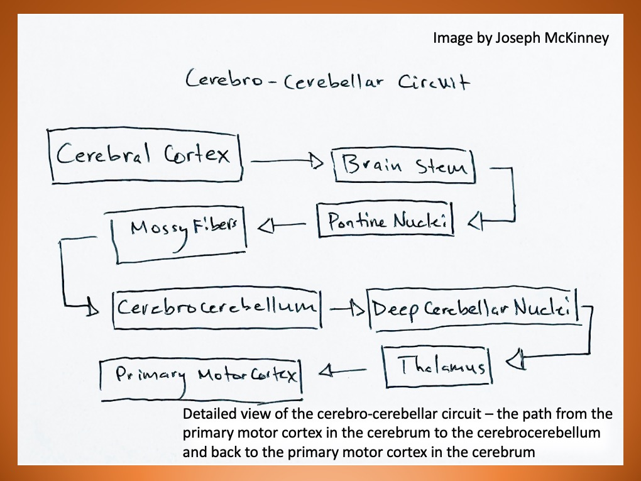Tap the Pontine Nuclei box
coord(385,220)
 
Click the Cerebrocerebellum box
coord(217,307)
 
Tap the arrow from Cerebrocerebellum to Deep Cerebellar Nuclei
coord(346,309)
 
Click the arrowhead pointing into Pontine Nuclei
coord(475,220)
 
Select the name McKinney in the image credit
coord(576,38)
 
